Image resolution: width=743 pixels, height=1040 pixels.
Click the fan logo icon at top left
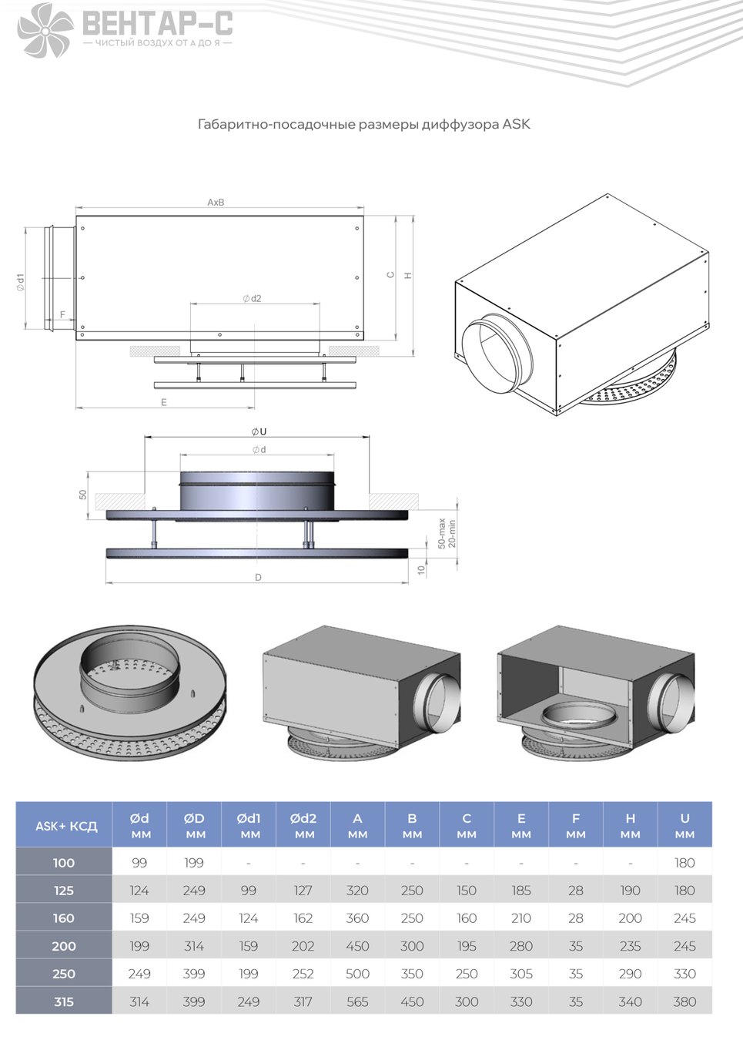click(x=45, y=30)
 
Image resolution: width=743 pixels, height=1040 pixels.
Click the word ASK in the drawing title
click(x=516, y=125)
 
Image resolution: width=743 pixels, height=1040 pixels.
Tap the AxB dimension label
click(x=216, y=203)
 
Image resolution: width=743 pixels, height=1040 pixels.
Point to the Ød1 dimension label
click(x=21, y=282)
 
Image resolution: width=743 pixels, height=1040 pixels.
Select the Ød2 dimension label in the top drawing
click(x=252, y=298)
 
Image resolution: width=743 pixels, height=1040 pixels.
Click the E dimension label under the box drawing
click(x=164, y=403)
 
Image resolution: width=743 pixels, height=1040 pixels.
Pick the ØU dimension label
click(x=259, y=431)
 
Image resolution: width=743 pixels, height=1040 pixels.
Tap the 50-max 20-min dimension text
click(x=447, y=533)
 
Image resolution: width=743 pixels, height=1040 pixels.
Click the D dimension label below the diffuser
click(x=258, y=578)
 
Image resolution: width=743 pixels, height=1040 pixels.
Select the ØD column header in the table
click(x=194, y=825)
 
